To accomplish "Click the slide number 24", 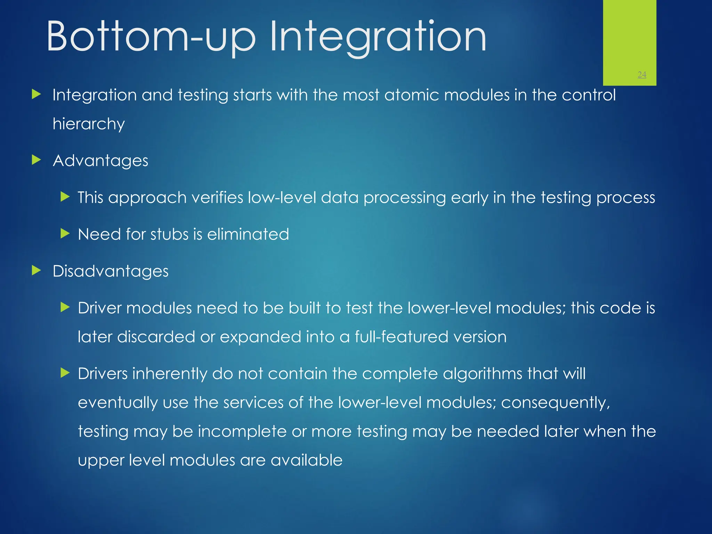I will [x=642, y=74].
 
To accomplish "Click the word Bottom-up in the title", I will [x=151, y=36].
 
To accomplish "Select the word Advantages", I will [x=100, y=161].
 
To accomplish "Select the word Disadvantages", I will [x=111, y=271].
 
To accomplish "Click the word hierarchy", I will [x=89, y=124].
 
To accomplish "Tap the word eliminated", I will [x=248, y=234].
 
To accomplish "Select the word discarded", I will [x=156, y=337].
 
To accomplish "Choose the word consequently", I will [x=555, y=403].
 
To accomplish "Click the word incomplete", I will [x=242, y=431].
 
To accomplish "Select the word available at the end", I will [x=306, y=460].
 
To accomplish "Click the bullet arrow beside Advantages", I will [x=37, y=160].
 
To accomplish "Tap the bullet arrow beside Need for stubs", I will [x=65, y=234].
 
